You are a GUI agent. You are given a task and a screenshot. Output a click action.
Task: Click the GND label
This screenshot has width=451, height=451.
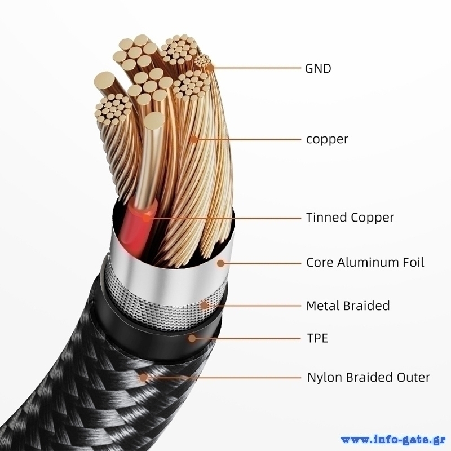318,69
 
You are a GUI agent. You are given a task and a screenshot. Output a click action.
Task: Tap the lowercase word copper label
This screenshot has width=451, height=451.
327,139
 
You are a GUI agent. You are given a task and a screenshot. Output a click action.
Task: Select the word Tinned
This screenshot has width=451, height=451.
326,218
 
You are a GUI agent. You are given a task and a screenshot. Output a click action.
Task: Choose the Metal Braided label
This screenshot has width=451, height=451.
348,306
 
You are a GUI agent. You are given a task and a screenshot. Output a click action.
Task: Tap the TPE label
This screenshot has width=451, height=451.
317,339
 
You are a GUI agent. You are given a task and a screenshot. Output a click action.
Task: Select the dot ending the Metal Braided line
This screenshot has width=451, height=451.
204,306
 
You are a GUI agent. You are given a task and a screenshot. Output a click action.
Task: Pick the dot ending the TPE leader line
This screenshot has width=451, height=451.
193,338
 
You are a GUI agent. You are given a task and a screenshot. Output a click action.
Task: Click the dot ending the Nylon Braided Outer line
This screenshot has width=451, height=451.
145,377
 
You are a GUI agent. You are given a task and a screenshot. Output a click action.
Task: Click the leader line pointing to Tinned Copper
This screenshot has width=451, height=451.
225,218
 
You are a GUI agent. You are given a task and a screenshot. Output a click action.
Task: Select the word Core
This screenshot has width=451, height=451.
319,262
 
